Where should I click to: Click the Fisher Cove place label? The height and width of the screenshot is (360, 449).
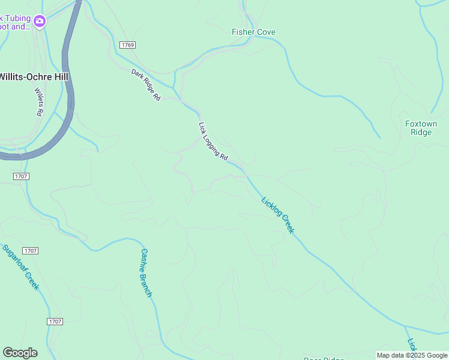click(x=253, y=32)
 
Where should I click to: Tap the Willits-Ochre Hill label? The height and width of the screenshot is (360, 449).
click(x=34, y=77)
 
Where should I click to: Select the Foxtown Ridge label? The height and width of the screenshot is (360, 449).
click(x=421, y=128)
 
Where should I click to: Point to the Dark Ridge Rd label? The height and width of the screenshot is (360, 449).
click(x=146, y=85)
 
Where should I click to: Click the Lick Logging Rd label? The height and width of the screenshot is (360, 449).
click(x=213, y=141)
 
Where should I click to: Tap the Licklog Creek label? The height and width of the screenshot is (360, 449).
click(x=278, y=214)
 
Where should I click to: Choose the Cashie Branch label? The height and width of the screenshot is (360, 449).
click(x=146, y=273)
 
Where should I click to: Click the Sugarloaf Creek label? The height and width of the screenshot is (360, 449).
click(x=20, y=267)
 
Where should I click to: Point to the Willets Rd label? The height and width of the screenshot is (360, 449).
click(x=38, y=102)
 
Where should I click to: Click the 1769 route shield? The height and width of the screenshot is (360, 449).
click(x=127, y=46)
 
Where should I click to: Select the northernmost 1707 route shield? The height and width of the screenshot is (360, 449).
click(x=20, y=176)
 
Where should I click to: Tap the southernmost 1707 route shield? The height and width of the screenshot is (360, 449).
click(x=55, y=322)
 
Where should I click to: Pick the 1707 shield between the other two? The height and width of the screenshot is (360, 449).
click(x=30, y=250)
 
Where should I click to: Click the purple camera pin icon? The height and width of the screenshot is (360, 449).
click(x=40, y=22)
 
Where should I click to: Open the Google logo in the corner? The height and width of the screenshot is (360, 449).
click(x=20, y=353)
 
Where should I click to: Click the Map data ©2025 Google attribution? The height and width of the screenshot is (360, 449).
click(x=412, y=355)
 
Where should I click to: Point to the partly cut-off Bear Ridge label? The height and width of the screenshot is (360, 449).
click(x=324, y=358)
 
